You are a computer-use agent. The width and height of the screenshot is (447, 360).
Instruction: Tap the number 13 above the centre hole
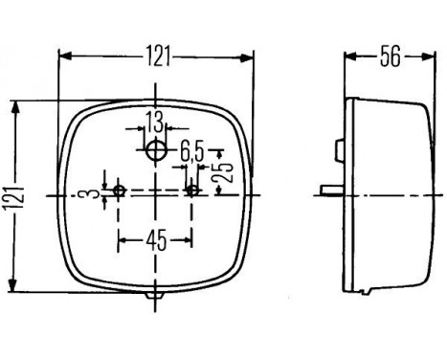pyautogui.click(x=153, y=121)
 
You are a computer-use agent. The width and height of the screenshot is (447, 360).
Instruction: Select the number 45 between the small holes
pyautogui.click(x=156, y=239)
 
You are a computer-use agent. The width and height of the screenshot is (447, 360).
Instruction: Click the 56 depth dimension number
pyautogui.click(x=388, y=57)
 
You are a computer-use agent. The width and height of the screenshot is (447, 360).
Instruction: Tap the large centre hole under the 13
pyautogui.click(x=155, y=150)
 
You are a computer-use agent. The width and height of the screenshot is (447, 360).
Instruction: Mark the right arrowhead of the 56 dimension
pyautogui.click(x=428, y=56)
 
